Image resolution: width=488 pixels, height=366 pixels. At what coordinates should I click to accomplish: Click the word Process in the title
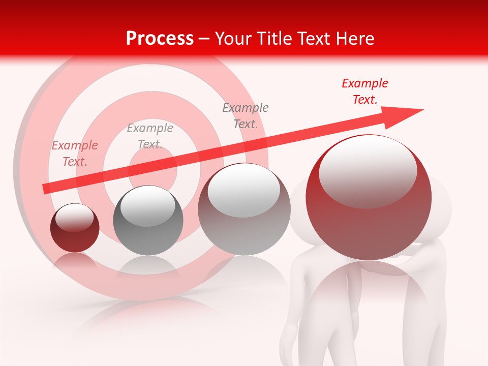coord(160,39)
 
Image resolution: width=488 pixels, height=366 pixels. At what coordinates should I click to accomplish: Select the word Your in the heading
coord(234,39)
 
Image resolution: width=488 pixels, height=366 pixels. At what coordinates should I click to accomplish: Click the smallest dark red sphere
coord(75,228)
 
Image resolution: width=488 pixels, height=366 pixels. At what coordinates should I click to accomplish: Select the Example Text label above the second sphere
coord(150,136)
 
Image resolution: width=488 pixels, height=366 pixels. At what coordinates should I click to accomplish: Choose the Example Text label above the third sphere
coord(246,115)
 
